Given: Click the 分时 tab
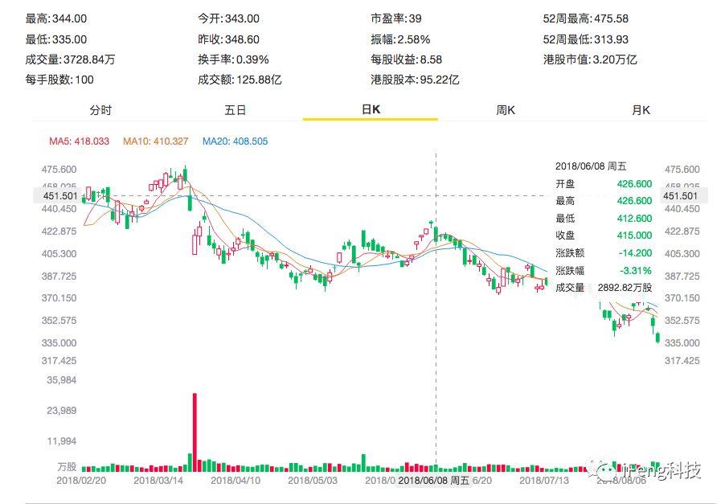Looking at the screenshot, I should [x=100, y=110].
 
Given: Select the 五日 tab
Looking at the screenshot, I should [x=236, y=110].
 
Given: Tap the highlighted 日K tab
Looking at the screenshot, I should [x=371, y=110].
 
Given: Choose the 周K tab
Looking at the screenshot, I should [x=506, y=110].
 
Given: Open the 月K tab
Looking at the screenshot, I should [x=641, y=110].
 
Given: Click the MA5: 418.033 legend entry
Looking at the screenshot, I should [x=79, y=141].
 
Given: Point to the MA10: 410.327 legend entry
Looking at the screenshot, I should [x=155, y=141].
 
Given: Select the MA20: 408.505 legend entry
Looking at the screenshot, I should [x=235, y=141].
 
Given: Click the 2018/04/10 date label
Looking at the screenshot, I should [x=236, y=481].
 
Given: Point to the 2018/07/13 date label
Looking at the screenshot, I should [x=545, y=481].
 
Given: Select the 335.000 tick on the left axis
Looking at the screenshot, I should [x=59, y=343].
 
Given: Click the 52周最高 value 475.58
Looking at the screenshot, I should [x=611, y=18].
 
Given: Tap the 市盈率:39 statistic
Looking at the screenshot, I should [x=395, y=18].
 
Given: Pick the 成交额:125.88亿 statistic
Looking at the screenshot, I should [x=240, y=80].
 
